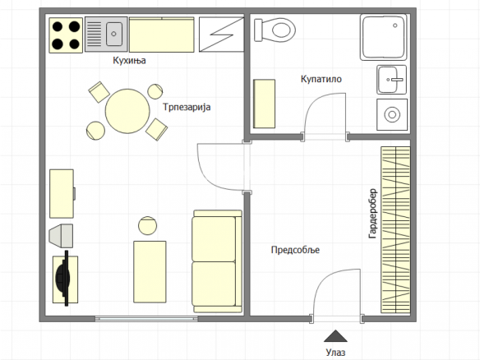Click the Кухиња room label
(129, 60)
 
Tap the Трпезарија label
(187, 107)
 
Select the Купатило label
(321, 79)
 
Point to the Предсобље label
(295, 250)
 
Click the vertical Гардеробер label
(373, 214)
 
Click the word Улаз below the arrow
(335, 353)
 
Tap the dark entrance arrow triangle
(335, 336)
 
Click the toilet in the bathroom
(275, 30)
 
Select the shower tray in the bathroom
(384, 37)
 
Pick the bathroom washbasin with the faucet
(392, 80)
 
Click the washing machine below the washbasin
(392, 115)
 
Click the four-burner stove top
(66, 35)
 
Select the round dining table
(127, 111)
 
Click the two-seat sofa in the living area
(217, 261)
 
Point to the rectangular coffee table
(150, 272)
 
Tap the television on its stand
(65, 279)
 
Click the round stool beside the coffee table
(148, 225)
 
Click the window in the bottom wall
(146, 319)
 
